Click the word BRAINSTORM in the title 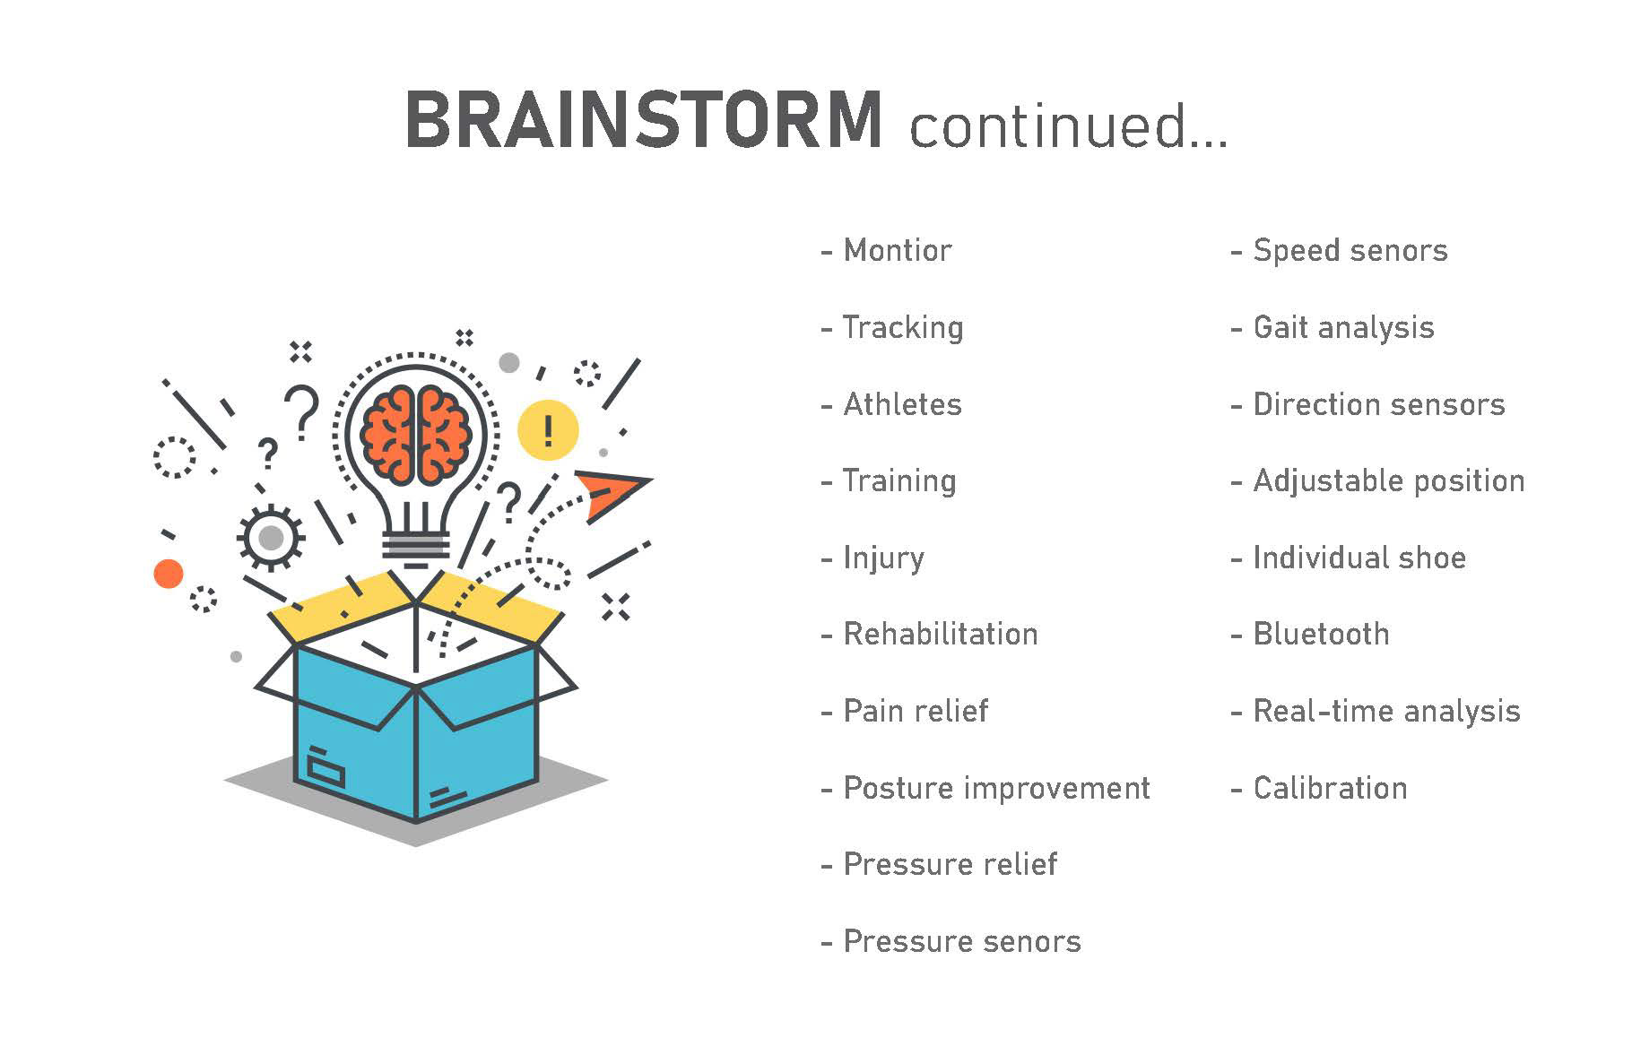point(644,120)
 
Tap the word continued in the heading point(1067,125)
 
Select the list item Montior point(897,250)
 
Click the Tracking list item point(902,327)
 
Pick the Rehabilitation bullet point(940,634)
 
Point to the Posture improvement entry point(995,788)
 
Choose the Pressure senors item point(961,941)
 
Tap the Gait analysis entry point(1342,327)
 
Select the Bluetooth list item point(1320,634)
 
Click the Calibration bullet point(1329,788)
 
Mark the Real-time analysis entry point(1385,711)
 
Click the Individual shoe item point(1359,558)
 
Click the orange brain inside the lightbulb point(416,433)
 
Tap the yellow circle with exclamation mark point(548,430)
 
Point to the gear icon point(271,538)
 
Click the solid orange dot point(169,573)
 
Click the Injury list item point(883,558)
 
